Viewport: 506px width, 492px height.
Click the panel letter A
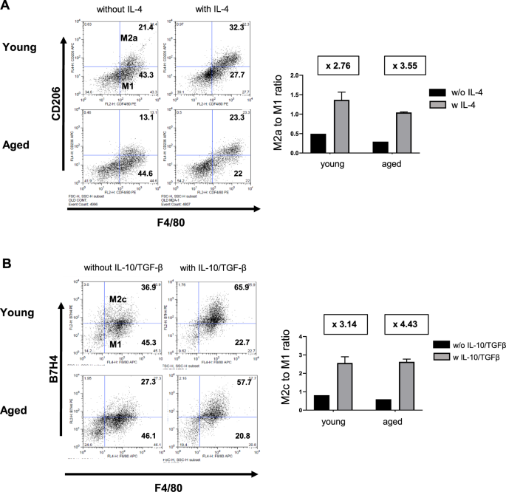[7, 7]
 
